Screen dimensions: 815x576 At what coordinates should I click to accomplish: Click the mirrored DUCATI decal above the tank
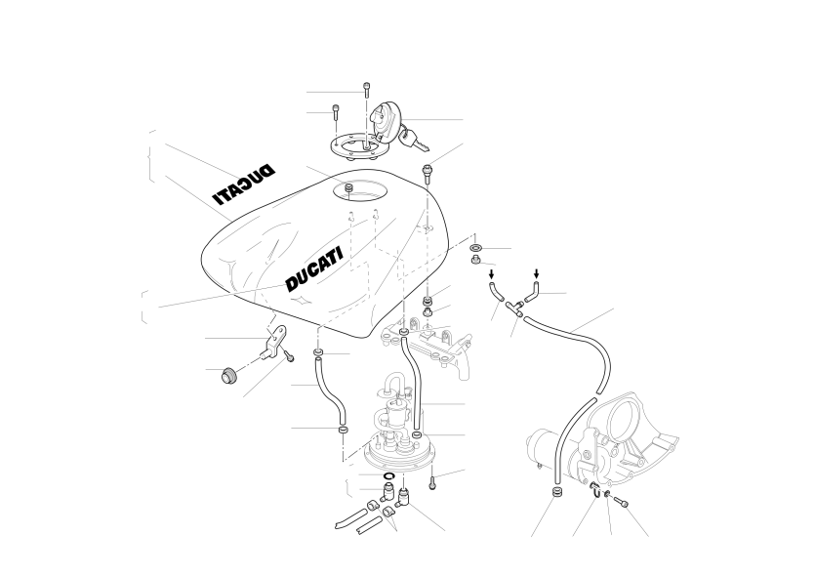[x=243, y=185]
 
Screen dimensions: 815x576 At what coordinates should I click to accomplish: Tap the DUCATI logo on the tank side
[x=314, y=269]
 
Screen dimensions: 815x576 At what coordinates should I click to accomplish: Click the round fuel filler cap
[x=385, y=123]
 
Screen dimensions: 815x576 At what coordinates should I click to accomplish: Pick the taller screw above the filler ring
[x=367, y=90]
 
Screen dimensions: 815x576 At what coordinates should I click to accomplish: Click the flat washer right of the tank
[x=476, y=247]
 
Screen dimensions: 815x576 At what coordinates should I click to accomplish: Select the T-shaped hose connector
[x=515, y=307]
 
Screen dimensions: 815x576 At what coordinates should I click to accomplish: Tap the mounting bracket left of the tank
[x=275, y=341]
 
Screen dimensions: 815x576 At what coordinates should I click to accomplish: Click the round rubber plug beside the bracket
[x=227, y=375]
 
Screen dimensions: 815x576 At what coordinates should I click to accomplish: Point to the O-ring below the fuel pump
[x=389, y=476]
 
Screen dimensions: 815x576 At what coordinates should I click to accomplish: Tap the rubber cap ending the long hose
[x=556, y=492]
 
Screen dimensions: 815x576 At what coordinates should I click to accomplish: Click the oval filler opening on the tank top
[x=360, y=190]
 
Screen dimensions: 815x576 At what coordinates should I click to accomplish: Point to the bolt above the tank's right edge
[x=428, y=174]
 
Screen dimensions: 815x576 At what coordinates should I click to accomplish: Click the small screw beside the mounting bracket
[x=289, y=356]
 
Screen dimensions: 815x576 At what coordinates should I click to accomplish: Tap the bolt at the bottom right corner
[x=621, y=502]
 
